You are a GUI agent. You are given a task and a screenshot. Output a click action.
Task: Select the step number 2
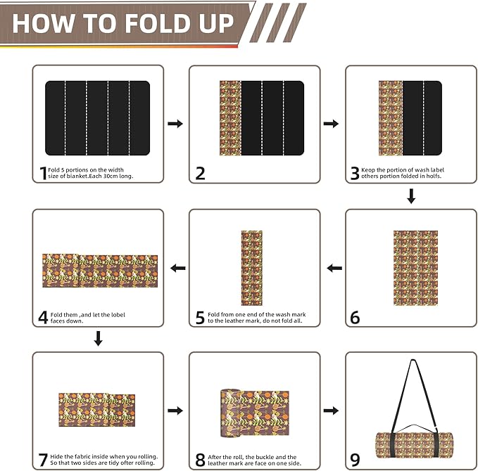point(201,173)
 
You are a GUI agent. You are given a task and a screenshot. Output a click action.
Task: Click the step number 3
point(356,173)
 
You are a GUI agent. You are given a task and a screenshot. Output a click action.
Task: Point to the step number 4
point(44,316)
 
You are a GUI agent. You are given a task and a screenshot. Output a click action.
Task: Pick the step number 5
point(201,316)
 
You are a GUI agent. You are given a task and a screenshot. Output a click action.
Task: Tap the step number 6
point(355,318)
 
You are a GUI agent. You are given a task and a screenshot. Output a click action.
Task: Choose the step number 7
point(43,460)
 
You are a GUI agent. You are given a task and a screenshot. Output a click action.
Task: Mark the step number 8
point(201,460)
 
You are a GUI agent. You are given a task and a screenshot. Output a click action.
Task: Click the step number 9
point(355,460)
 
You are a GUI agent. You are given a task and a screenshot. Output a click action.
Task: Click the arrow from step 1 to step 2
point(175,124)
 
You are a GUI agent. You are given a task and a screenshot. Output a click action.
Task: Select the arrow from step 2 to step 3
point(331,124)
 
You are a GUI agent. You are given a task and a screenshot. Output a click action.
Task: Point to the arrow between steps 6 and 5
point(335,268)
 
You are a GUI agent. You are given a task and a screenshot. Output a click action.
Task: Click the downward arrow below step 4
point(99,340)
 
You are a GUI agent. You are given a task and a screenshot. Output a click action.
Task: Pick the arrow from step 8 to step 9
point(331,411)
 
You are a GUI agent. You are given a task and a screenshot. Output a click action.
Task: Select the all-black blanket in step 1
point(98,118)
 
